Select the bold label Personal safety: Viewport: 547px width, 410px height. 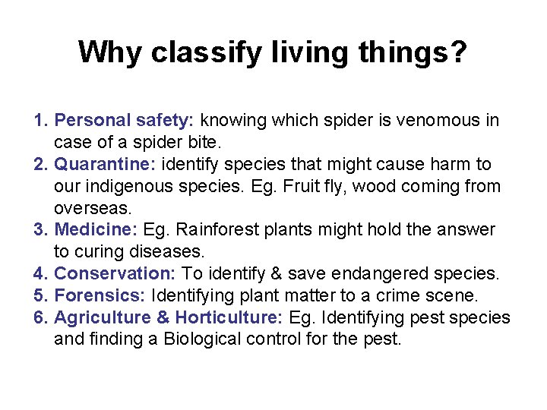point(125,120)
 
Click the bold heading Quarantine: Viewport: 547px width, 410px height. point(106,164)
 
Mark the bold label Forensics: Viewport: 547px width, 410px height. point(101,295)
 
